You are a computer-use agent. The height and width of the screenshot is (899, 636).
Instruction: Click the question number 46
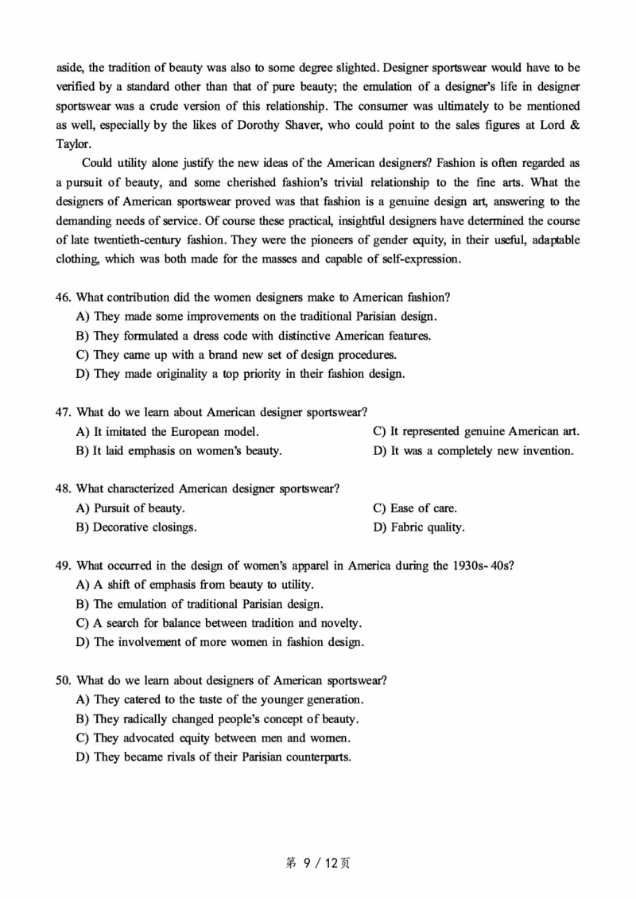(x=64, y=298)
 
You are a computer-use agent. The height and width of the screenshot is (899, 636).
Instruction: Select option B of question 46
(x=262, y=336)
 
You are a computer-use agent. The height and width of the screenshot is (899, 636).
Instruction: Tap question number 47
(x=64, y=412)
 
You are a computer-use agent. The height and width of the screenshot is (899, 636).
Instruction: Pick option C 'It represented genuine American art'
(x=476, y=431)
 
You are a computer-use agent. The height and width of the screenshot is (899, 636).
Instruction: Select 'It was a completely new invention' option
(x=473, y=450)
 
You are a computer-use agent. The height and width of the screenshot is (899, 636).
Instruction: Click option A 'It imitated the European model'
(x=167, y=431)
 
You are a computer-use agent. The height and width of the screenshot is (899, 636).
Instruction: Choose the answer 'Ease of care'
(x=415, y=508)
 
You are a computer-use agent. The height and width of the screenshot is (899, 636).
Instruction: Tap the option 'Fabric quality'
(x=419, y=527)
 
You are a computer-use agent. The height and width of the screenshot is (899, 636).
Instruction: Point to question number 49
(x=64, y=566)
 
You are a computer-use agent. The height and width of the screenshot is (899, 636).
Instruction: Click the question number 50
(x=64, y=680)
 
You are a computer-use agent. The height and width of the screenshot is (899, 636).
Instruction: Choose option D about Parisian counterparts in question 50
(x=222, y=757)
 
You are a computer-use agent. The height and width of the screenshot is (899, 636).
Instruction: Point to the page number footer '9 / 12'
(x=319, y=862)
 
